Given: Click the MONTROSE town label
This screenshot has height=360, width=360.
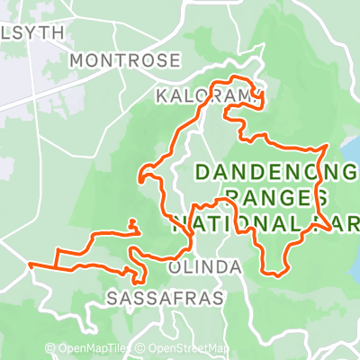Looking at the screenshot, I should click(x=125, y=60).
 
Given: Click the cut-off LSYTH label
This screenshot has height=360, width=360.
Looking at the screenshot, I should click(x=32, y=31).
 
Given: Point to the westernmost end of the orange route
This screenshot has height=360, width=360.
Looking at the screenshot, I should click(x=30, y=265).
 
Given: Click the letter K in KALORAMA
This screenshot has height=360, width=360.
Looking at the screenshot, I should click(x=161, y=94).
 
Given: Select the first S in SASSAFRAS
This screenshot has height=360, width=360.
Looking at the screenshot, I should click(x=112, y=296).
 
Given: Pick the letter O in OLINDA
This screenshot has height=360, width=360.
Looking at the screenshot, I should click(x=175, y=268).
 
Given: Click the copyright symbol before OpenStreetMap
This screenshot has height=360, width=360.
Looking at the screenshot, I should click(x=142, y=348).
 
